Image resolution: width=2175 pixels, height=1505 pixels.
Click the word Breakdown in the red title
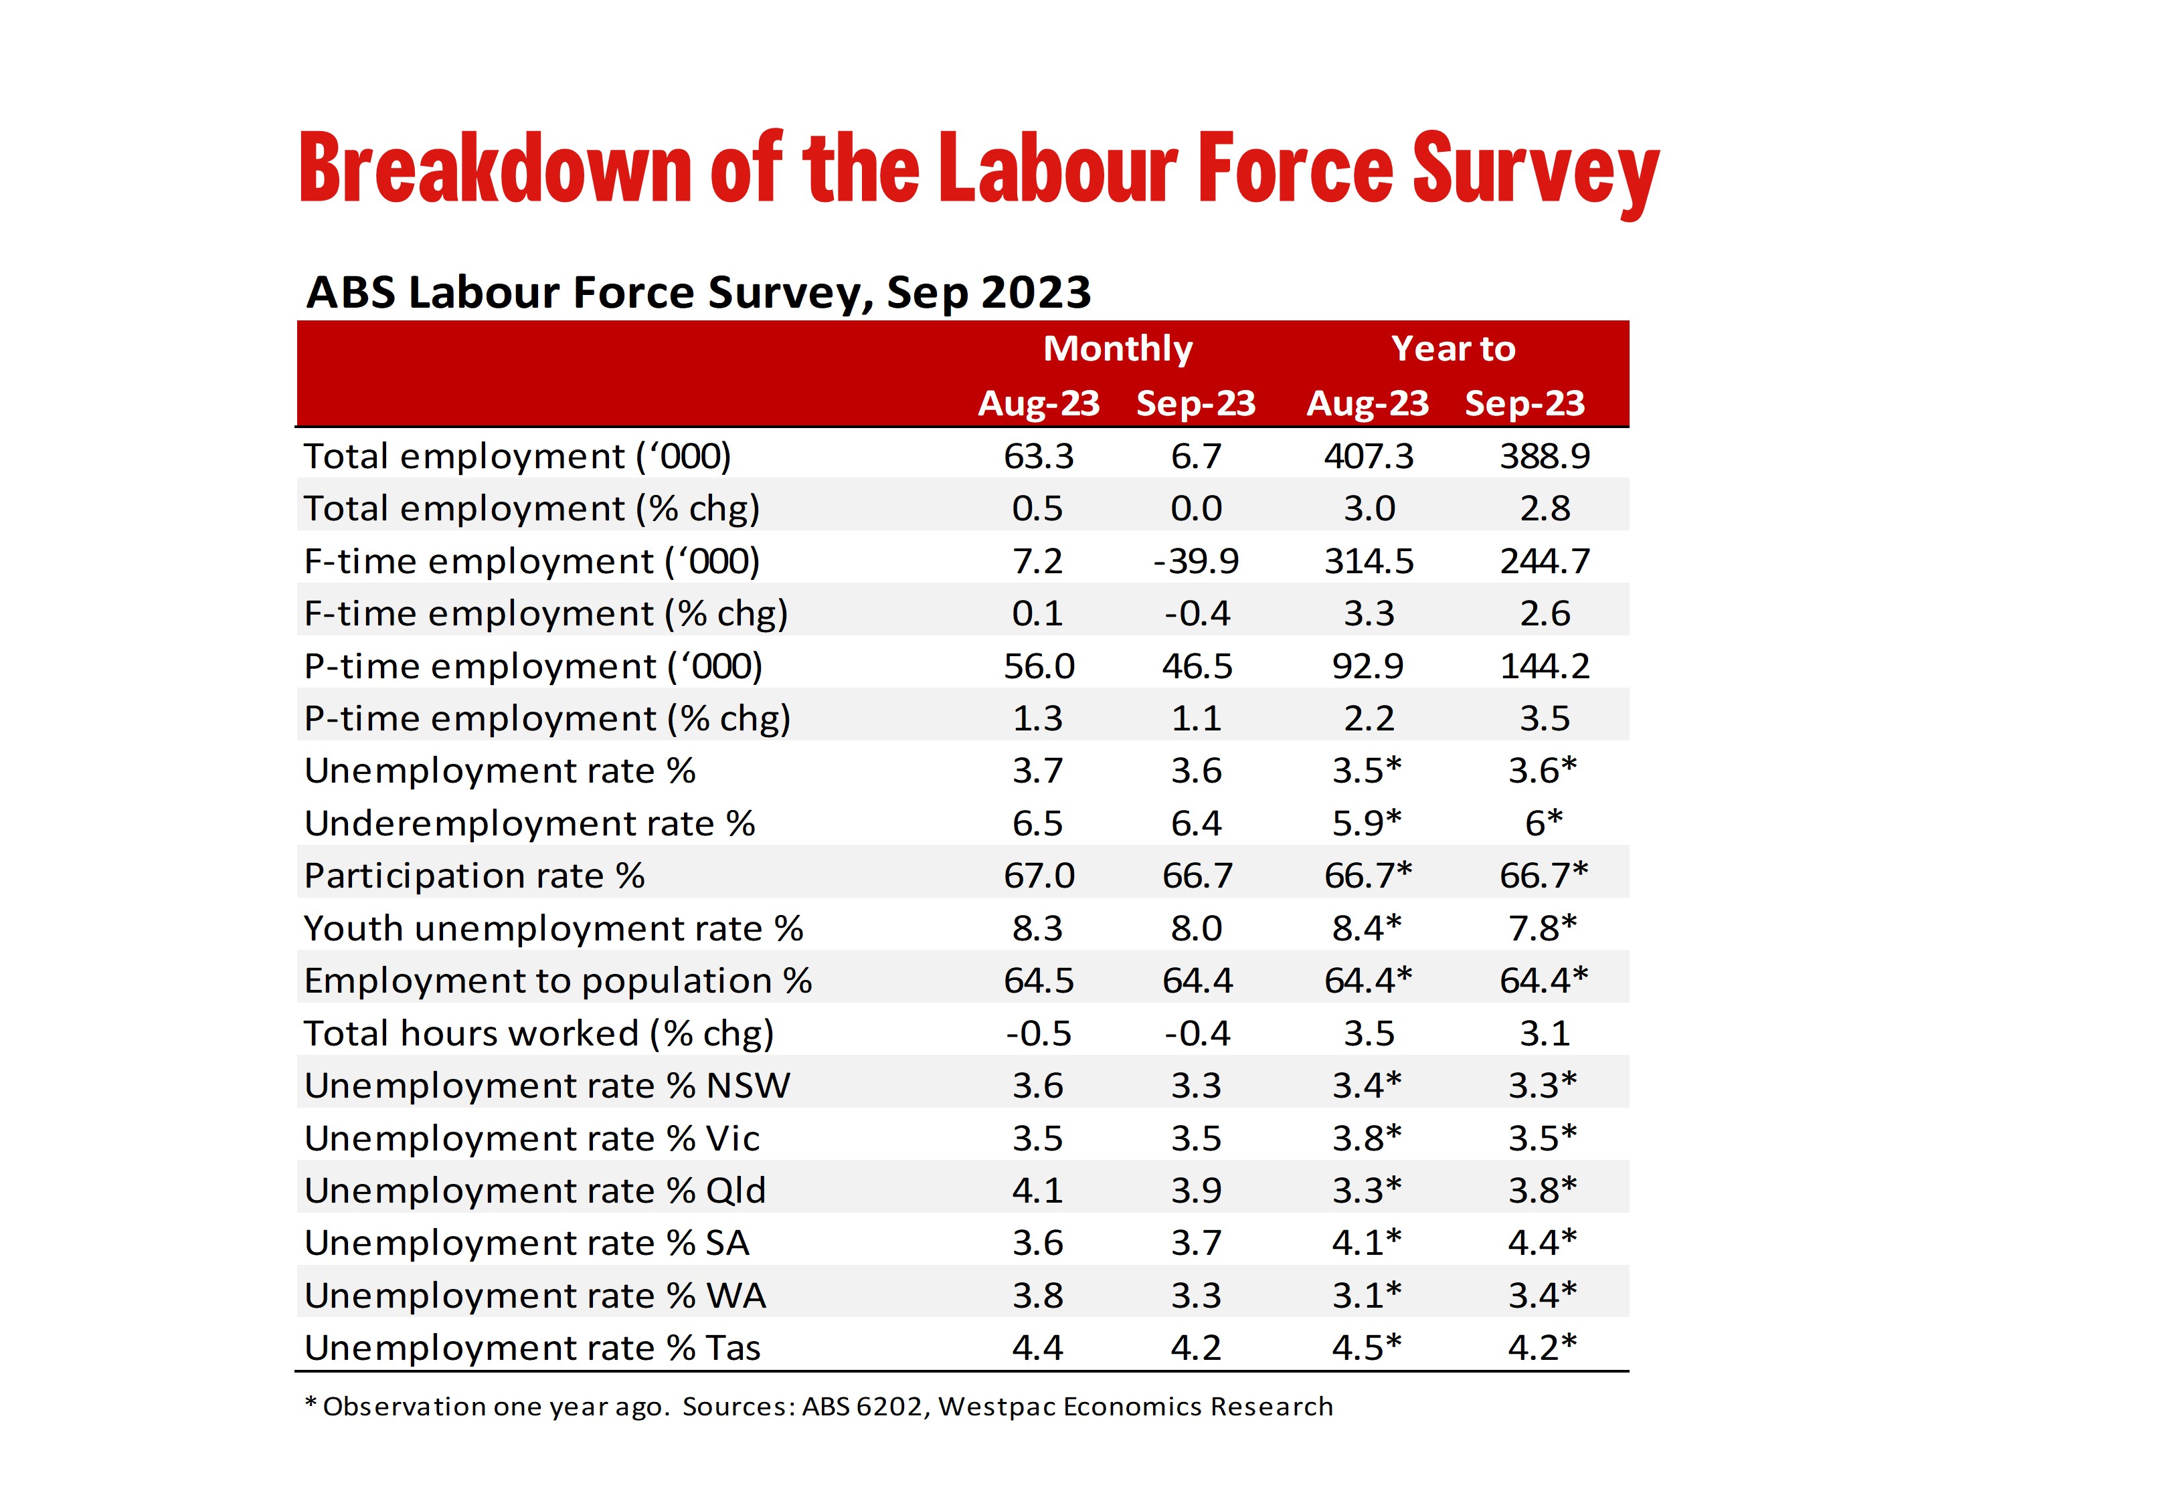(495, 168)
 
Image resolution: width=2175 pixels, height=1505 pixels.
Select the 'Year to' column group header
(1454, 349)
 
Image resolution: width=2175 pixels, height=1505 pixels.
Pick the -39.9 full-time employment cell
(1196, 562)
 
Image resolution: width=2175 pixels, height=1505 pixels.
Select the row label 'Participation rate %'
(474, 877)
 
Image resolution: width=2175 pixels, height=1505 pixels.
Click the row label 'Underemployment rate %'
(529, 824)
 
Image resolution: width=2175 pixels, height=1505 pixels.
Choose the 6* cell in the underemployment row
(1544, 823)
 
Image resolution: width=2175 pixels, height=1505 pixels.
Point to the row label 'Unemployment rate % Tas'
(532, 1348)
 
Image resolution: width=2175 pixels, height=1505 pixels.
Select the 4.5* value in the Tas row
(1367, 1348)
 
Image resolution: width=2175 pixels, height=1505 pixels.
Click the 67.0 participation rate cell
(1039, 877)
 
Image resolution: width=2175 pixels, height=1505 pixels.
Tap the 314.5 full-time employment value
(1369, 562)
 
